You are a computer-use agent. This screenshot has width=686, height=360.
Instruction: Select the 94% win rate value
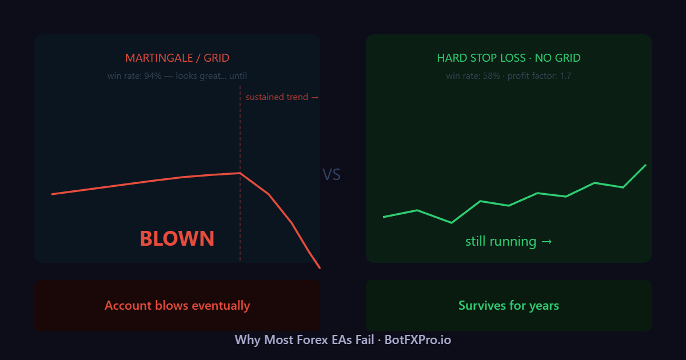click(153, 76)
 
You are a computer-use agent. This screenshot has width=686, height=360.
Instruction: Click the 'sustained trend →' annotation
click(282, 97)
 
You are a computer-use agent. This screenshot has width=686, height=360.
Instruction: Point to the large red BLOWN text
click(177, 238)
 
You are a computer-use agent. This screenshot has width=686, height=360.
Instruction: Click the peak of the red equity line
click(240, 173)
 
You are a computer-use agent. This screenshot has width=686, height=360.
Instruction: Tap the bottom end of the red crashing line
click(320, 267)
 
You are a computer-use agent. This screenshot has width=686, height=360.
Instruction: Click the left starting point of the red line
click(52, 194)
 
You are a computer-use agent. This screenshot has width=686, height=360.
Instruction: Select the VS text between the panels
click(332, 175)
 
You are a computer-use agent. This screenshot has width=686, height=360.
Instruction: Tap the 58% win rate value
click(490, 76)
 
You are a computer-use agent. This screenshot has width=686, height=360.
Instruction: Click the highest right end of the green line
click(645, 165)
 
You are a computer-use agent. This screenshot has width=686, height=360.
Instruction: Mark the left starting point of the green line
click(384, 217)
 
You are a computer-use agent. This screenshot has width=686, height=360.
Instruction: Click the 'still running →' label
click(509, 241)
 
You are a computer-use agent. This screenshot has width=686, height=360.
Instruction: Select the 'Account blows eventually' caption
click(177, 306)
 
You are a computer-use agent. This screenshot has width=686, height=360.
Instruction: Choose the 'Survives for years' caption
click(509, 306)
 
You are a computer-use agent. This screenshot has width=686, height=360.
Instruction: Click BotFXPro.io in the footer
click(418, 340)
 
